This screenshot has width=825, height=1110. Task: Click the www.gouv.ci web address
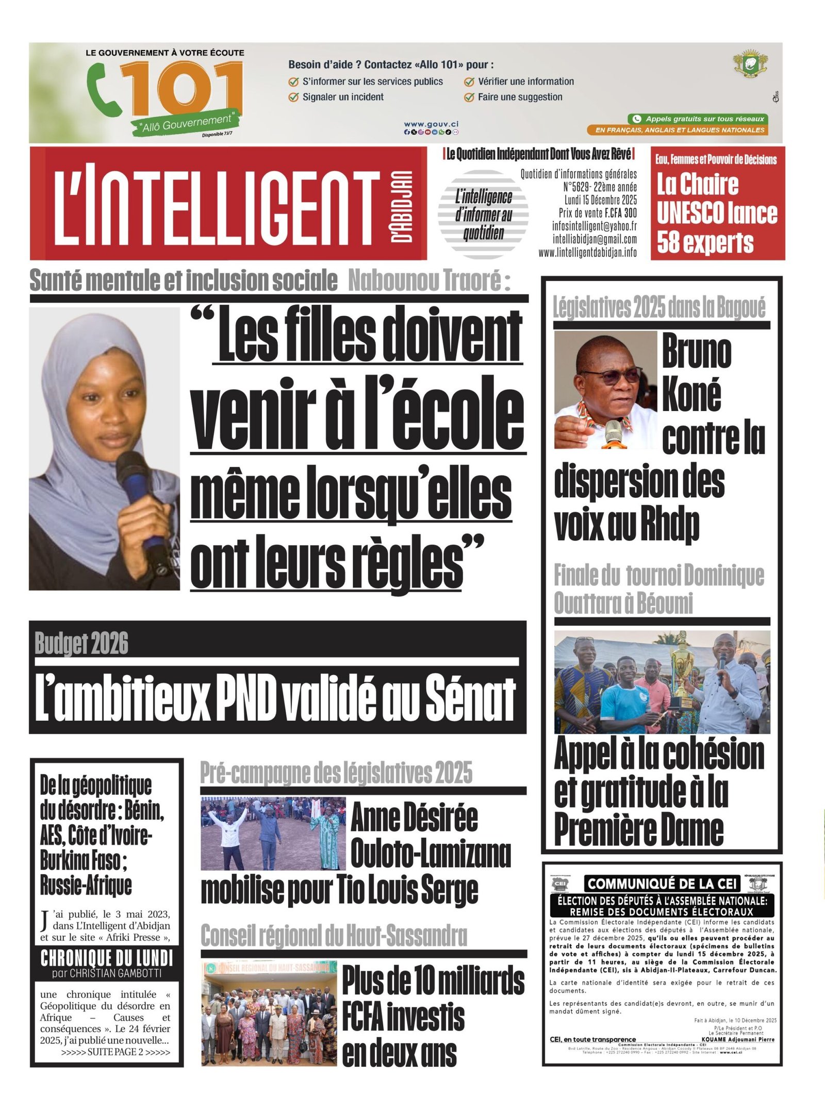point(431,124)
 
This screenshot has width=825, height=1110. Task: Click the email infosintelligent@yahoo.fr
point(594,226)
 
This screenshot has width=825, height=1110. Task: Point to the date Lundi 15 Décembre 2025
point(600,200)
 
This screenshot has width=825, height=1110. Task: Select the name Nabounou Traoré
point(429,281)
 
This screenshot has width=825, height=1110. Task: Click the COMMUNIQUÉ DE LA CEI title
point(662,884)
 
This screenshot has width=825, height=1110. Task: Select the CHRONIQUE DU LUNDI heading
point(107,959)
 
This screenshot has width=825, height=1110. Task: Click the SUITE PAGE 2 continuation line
point(115,1052)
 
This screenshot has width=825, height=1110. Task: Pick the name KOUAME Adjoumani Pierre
point(737,1039)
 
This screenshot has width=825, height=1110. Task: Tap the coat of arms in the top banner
point(751,63)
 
